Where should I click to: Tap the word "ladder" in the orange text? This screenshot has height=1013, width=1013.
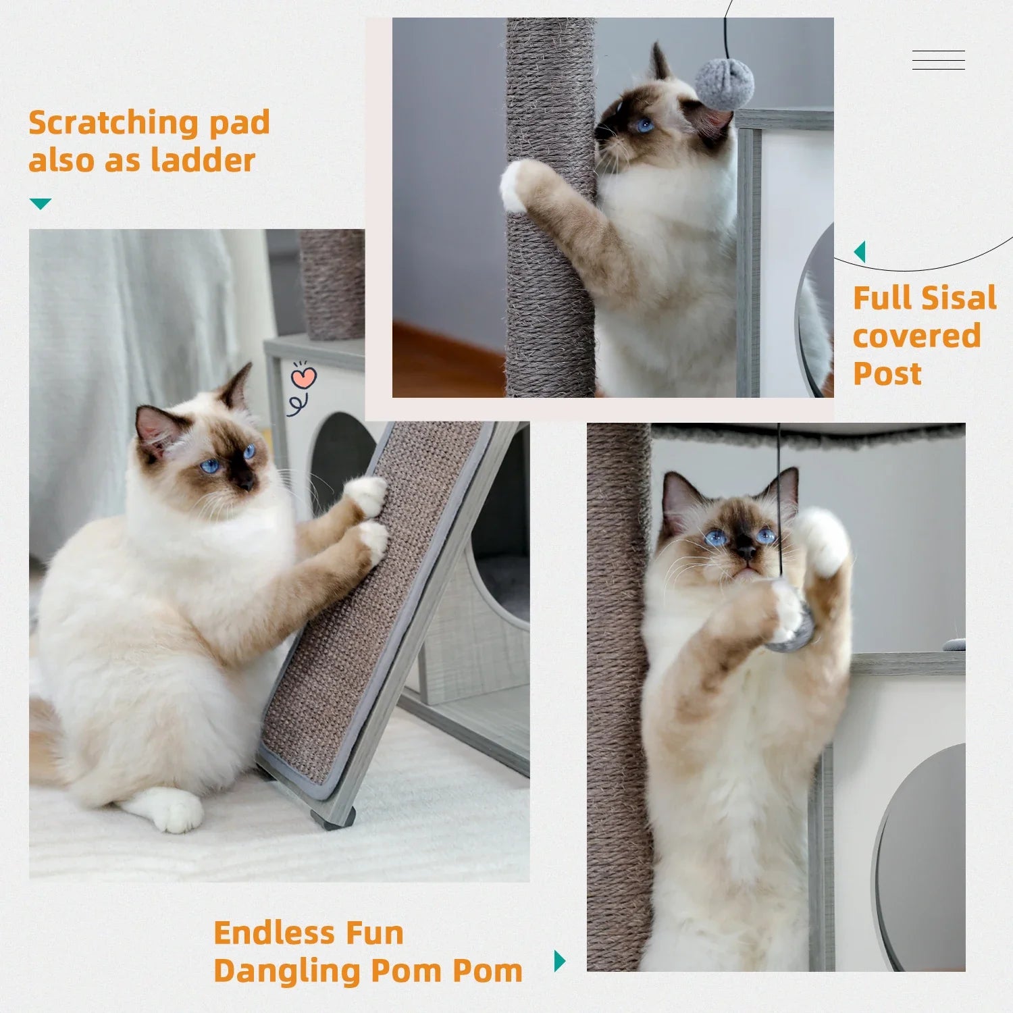tap(203, 161)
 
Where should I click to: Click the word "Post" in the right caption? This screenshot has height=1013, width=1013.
tap(887, 373)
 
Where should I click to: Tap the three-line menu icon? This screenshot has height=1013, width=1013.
tap(938, 60)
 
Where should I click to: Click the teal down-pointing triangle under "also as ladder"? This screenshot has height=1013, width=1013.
tap(41, 203)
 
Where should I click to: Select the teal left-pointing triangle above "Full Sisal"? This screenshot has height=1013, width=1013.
tap(860, 252)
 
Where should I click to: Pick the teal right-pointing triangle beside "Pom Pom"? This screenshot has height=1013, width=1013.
tap(559, 960)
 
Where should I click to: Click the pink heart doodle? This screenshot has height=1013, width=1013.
tap(304, 378)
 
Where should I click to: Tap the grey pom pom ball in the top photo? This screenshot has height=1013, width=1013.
tap(725, 84)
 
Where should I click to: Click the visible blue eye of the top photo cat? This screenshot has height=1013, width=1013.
tap(644, 125)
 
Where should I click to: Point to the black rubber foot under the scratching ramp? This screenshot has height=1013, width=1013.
tap(333, 820)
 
